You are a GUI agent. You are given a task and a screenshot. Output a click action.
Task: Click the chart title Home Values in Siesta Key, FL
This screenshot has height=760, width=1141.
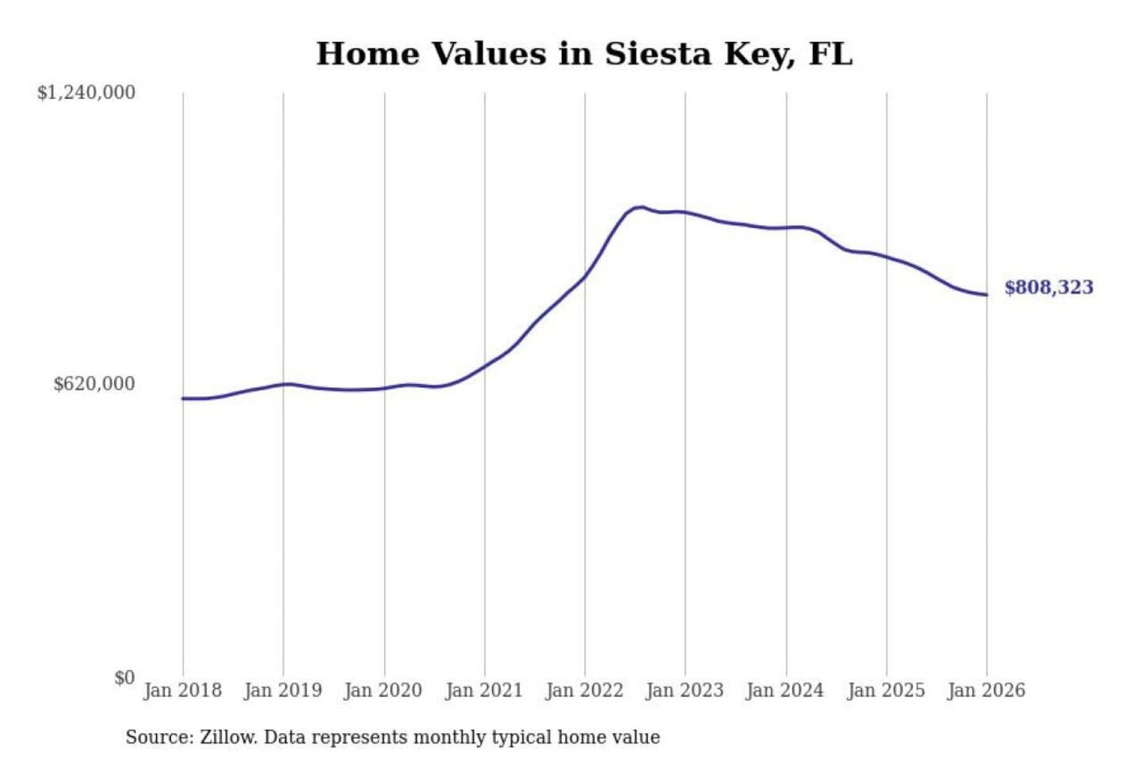pos(584,54)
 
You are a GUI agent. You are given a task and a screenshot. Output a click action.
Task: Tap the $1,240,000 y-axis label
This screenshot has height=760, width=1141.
pos(86,93)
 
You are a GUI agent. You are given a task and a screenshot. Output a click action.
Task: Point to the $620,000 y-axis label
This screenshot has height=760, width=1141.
pos(94,384)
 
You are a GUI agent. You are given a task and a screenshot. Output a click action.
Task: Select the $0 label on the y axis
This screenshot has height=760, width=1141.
pos(124,678)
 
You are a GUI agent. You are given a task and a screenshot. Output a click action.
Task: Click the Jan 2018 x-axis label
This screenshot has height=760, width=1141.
pos(182,690)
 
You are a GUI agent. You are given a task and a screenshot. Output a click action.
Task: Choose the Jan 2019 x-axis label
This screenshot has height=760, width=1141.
pos(283,690)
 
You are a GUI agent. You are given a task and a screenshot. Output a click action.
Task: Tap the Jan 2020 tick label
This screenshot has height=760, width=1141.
pos(384,690)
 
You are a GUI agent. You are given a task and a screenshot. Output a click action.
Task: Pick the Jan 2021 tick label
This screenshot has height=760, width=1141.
pos(484,690)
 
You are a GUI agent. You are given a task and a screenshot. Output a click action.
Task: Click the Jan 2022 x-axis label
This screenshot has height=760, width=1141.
pos(585,690)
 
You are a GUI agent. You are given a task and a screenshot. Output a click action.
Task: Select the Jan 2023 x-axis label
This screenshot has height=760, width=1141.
pos(685,690)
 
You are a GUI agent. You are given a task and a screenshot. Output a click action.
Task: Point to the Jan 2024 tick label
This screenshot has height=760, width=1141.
pos(785,690)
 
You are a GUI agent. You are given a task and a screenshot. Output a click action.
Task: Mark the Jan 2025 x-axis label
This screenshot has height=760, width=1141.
pos(886,690)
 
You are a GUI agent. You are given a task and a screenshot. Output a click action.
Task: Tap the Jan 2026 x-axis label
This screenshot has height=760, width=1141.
pos(986,690)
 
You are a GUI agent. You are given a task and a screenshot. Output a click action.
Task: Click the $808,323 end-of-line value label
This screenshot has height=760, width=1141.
pos(1048,287)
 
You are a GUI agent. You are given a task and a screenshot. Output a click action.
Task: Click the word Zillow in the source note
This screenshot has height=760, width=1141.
pos(228,737)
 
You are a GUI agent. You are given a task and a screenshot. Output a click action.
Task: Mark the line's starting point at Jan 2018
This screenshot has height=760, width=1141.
pos(183,398)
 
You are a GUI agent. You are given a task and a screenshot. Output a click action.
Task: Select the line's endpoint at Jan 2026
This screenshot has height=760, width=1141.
pos(986,295)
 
